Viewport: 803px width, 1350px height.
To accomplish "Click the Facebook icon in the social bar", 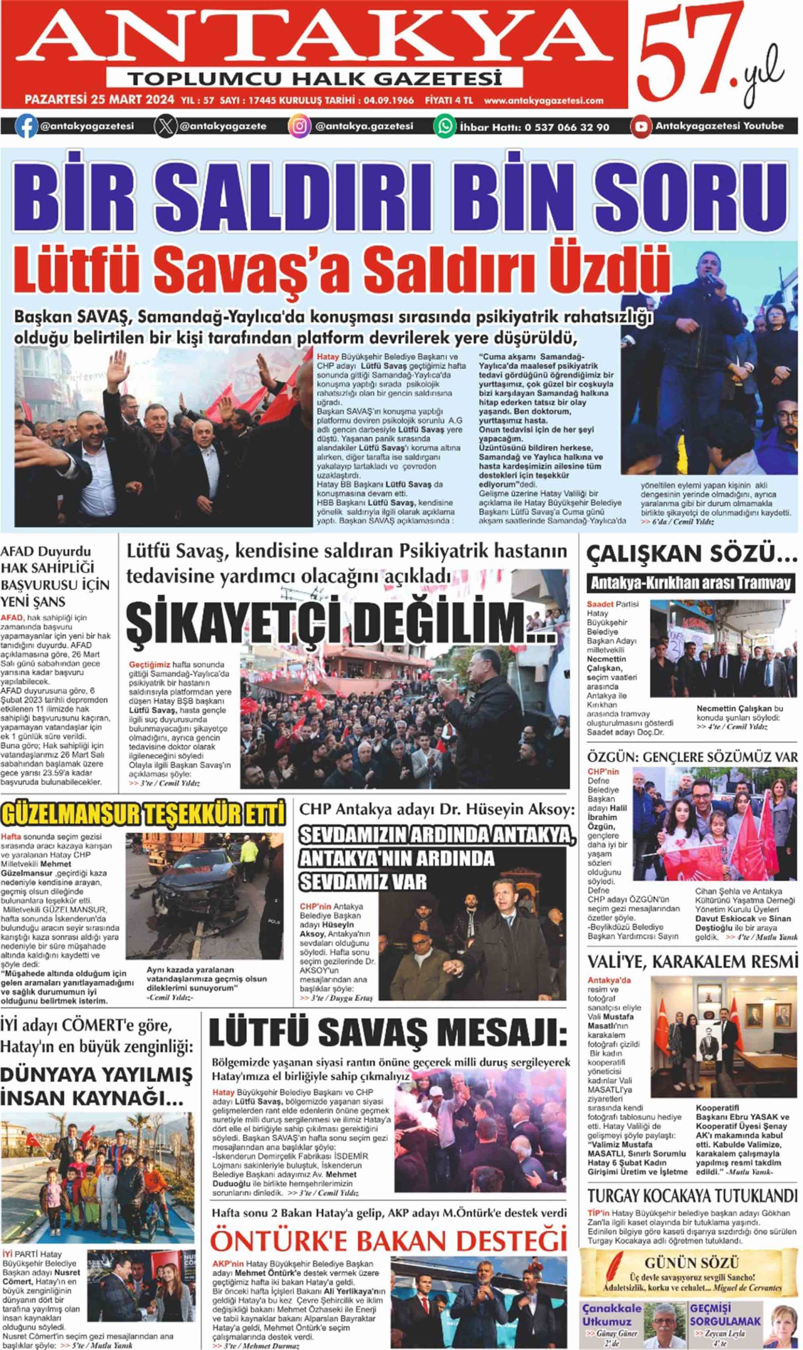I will click(x=25, y=126).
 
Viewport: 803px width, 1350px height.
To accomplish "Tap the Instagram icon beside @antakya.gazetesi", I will click(x=299, y=126).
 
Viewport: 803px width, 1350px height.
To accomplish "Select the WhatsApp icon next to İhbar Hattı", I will click(x=445, y=126).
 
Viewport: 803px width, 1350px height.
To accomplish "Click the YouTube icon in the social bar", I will click(x=641, y=126).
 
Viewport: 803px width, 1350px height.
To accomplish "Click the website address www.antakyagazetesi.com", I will click(x=543, y=101).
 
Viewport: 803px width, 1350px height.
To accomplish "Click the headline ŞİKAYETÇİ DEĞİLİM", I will click(x=341, y=623).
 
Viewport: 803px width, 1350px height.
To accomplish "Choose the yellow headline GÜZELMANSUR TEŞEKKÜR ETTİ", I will click(x=143, y=815).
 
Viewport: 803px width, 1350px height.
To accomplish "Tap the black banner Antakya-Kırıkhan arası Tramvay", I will click(x=691, y=583).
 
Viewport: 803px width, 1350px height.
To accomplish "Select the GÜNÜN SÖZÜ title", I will click(x=691, y=1263).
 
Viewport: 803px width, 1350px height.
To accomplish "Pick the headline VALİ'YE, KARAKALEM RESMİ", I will click(x=692, y=962).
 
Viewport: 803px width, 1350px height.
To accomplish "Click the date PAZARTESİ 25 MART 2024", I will click(x=100, y=100).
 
